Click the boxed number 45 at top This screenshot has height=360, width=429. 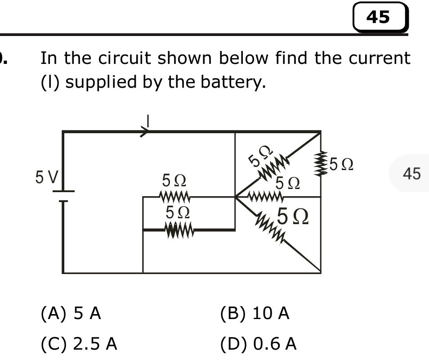click(379, 17)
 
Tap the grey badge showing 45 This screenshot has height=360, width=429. click(411, 173)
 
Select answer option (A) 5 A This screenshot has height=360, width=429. click(71, 313)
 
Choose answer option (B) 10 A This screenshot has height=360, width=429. click(255, 313)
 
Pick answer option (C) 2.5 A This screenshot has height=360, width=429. click(79, 344)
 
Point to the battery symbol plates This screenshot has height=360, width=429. click(63, 196)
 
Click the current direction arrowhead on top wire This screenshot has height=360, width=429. click(145, 132)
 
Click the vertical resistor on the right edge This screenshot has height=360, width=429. click(320, 164)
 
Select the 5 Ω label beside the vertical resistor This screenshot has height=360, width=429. click(341, 164)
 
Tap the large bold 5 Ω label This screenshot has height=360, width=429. click(293, 217)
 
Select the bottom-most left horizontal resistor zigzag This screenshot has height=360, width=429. click(179, 231)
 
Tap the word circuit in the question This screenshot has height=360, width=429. click(118, 58)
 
